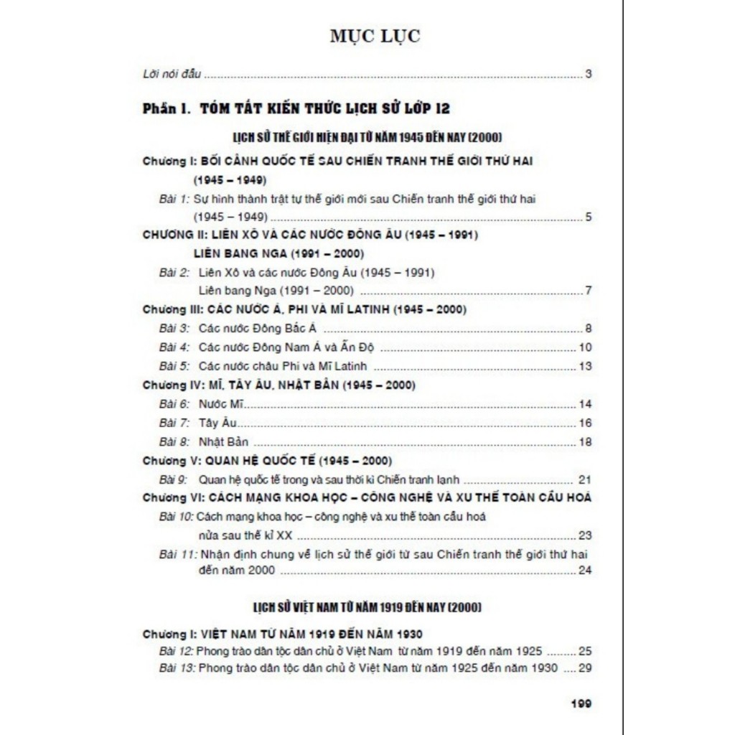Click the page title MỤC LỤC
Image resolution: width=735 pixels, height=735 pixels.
click(375, 37)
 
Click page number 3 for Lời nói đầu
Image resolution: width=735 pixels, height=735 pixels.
click(588, 73)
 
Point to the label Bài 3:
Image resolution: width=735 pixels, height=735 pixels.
click(174, 329)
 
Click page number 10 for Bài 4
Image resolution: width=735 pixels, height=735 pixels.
click(585, 347)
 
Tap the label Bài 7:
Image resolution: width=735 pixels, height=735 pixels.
click(174, 423)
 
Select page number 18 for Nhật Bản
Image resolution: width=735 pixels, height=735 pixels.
click(585, 441)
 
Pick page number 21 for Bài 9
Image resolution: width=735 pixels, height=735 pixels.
click(585, 479)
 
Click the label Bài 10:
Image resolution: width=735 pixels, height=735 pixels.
click(177, 517)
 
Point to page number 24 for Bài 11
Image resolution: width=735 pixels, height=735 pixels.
click(585, 571)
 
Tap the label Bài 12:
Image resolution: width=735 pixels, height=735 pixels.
click(177, 652)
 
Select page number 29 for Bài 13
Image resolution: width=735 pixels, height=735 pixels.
click(585, 668)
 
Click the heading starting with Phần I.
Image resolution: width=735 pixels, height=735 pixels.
click(296, 108)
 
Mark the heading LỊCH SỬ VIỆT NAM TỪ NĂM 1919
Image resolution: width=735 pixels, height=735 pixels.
click(367, 607)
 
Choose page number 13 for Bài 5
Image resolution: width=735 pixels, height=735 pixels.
click(585, 366)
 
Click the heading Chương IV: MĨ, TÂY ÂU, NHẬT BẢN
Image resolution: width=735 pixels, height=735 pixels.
click(278, 385)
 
